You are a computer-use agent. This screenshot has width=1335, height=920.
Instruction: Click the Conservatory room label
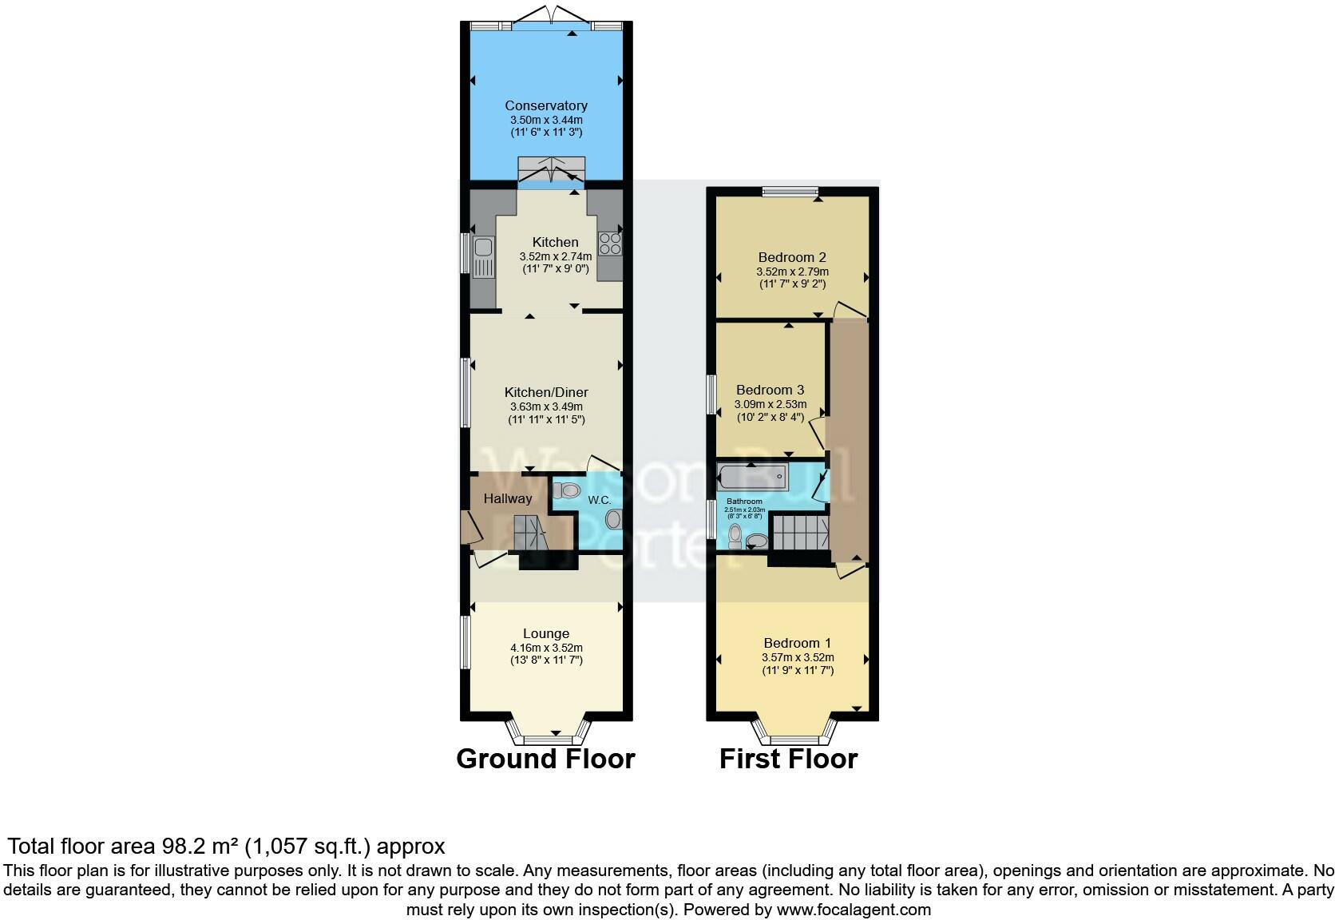click(546, 105)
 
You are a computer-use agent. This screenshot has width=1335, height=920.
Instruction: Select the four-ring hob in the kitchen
click(611, 242)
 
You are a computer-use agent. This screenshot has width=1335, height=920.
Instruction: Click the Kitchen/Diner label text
click(546, 392)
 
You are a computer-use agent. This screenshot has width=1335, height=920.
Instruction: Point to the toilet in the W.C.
click(565, 490)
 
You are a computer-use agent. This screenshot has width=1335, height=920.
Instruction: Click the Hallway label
click(508, 498)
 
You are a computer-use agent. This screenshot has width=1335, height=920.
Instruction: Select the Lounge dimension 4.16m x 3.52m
click(546, 648)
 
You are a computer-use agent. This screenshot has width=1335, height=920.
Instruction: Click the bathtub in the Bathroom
click(752, 478)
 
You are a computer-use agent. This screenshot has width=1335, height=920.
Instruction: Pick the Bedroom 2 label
click(792, 257)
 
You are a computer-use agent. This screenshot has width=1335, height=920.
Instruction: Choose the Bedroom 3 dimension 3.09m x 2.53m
click(770, 404)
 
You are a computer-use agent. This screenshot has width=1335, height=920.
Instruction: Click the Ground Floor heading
click(545, 759)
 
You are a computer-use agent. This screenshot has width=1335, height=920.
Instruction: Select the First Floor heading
click(788, 759)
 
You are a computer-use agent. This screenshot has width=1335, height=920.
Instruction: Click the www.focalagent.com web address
click(853, 909)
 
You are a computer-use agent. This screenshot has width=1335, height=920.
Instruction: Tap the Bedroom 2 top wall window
click(790, 192)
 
